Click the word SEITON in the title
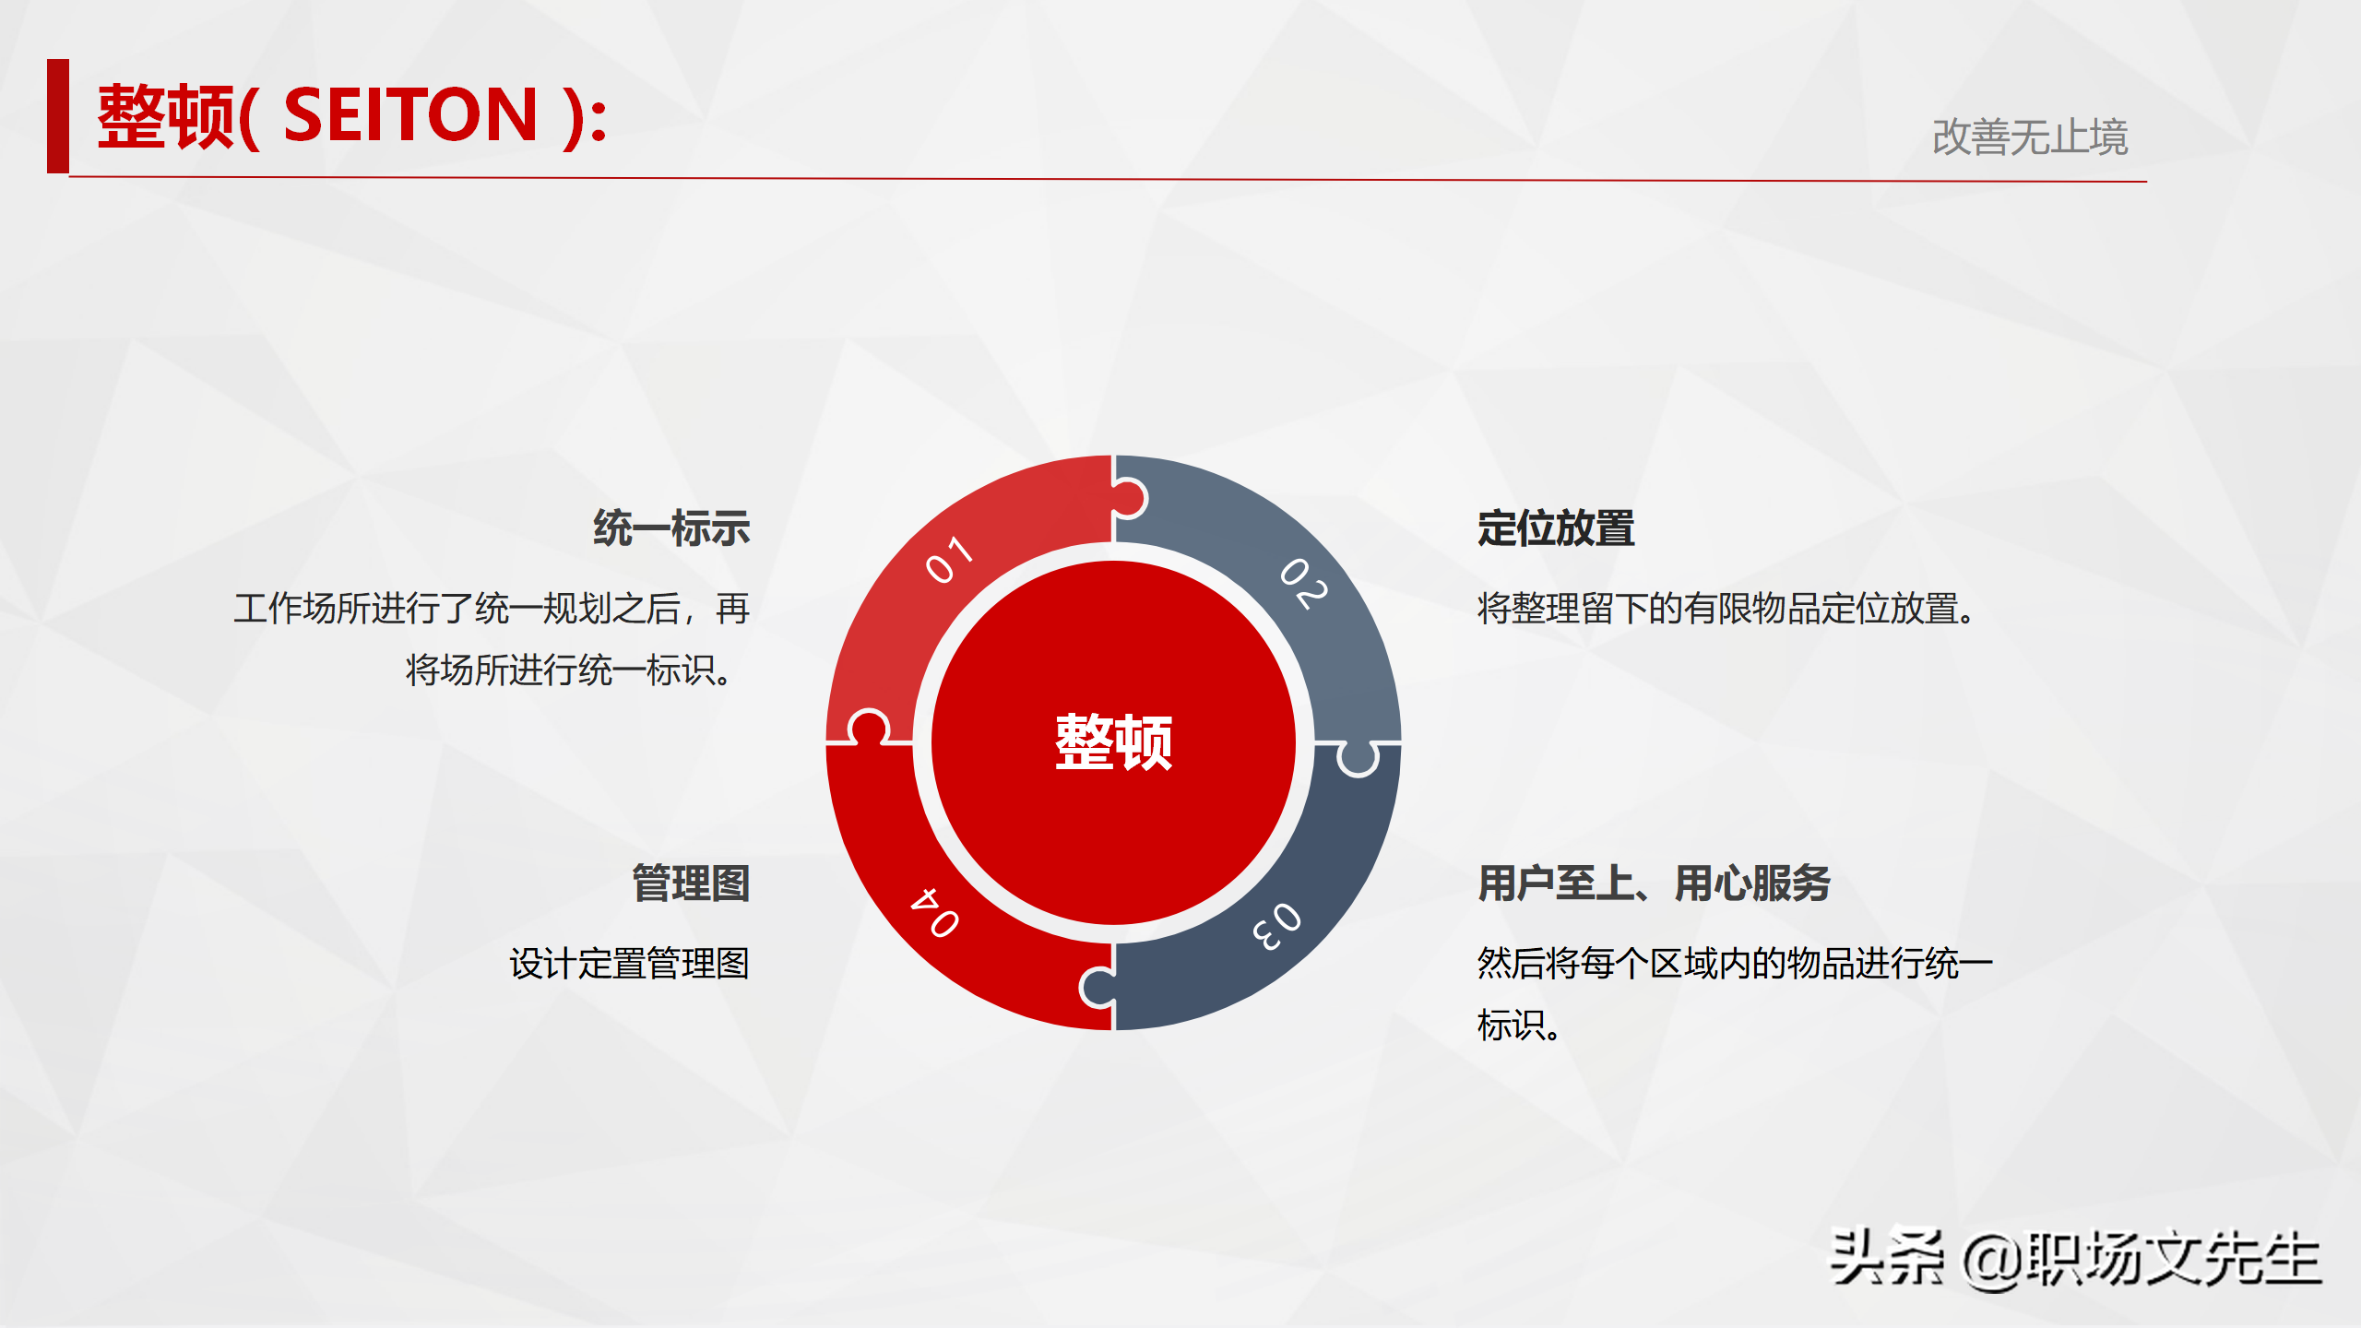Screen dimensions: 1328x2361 click(410, 115)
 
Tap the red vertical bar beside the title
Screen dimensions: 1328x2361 click(58, 116)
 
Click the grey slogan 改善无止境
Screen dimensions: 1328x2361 click(2029, 137)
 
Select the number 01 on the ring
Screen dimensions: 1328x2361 click(949, 559)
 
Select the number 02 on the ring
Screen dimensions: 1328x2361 click(1304, 583)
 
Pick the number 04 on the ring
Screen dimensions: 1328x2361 click(935, 912)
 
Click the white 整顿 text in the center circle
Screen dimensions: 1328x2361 click(1113, 742)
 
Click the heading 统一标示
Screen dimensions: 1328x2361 click(671, 528)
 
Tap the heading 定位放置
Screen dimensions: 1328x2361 click(1556, 528)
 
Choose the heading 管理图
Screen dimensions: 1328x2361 click(691, 883)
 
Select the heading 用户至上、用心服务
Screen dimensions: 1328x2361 click(1654, 883)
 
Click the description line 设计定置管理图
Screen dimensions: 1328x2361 click(629, 964)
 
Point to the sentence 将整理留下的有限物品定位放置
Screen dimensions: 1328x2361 click(1725, 609)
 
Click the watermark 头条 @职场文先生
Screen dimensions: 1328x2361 click(2075, 1259)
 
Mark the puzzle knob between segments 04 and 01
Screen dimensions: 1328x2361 click(868, 727)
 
